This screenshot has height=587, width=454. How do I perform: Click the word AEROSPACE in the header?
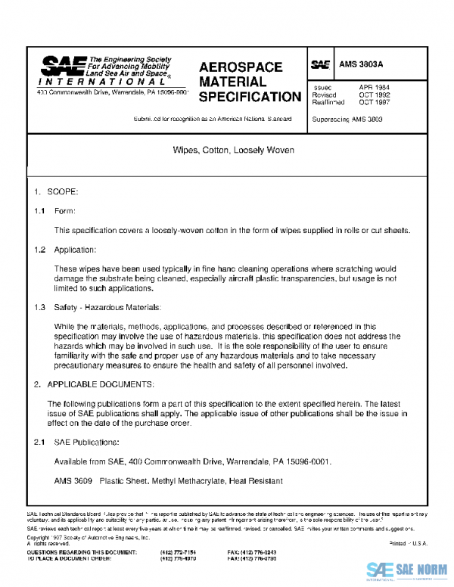point(240,67)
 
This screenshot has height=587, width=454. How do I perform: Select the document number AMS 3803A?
point(360,65)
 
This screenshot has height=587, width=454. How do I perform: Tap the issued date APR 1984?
point(374,87)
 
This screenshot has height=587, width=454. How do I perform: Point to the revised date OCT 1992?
point(374,95)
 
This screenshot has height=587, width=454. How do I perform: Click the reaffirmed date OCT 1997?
point(374,102)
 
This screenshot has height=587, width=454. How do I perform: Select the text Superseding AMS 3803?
point(347,120)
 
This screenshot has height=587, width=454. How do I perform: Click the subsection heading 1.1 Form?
point(55,211)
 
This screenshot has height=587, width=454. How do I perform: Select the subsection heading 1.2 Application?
point(65,250)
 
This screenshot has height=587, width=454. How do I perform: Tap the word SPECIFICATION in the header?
point(250,97)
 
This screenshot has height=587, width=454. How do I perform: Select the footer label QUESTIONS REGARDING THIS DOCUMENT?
point(73,553)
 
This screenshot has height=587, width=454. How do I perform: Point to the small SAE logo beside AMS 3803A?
point(320,65)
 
